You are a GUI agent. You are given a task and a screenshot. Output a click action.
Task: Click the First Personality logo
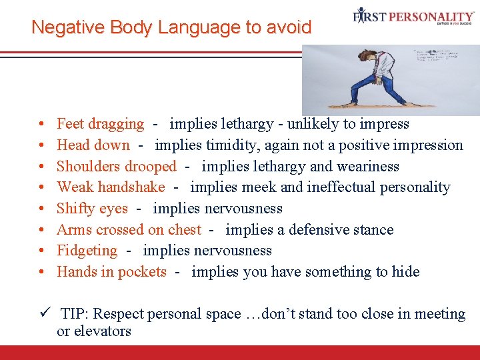click(413, 17)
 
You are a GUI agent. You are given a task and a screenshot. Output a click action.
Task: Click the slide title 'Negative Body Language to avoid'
click(171, 27)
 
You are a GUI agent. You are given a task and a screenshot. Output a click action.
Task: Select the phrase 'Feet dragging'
click(100, 124)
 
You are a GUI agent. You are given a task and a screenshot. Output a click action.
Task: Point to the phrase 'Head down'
click(93, 145)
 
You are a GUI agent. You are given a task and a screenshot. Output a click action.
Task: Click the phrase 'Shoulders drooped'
click(117, 167)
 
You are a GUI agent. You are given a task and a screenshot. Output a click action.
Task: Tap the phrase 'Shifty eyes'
click(92, 209)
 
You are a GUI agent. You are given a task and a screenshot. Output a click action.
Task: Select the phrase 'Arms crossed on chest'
click(129, 230)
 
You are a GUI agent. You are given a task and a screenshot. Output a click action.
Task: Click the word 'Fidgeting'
click(87, 251)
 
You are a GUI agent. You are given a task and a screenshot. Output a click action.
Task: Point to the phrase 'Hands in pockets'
click(111, 272)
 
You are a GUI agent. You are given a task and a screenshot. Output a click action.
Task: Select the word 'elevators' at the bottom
click(103, 331)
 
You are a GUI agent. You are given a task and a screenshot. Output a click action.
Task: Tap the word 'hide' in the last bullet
click(406, 272)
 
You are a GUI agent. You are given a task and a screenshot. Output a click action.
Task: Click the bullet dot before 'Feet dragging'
click(41, 125)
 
